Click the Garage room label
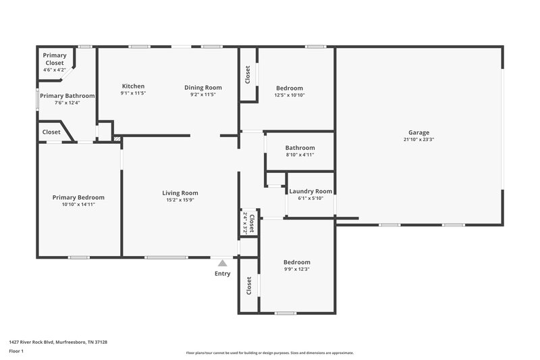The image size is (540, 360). (x=418, y=132)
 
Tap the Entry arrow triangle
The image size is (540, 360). (x=222, y=262)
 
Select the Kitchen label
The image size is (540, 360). (x=133, y=86)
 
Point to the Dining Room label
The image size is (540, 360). (x=203, y=87)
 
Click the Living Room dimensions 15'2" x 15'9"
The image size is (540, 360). (x=182, y=200)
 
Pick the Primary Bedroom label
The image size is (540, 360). (x=78, y=197)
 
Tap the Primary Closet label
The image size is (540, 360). (x=54, y=59)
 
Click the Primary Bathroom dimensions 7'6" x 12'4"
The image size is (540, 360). (x=67, y=103)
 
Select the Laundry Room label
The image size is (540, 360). (x=310, y=191)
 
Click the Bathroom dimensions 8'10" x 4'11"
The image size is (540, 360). (x=300, y=155)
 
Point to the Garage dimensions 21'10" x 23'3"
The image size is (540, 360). (x=418, y=140)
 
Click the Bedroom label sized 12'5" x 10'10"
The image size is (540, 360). (x=290, y=88)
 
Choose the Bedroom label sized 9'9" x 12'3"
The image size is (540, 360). (x=297, y=262)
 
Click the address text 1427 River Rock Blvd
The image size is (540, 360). (x=57, y=342)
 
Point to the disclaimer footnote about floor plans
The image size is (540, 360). (x=269, y=353)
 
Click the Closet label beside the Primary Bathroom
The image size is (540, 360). (x=51, y=132)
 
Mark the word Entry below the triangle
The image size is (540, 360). (x=223, y=274)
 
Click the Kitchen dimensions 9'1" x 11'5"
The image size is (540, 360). (x=133, y=94)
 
